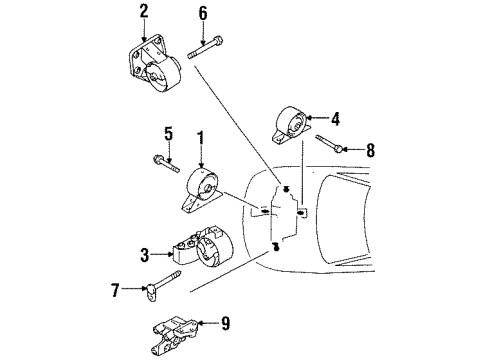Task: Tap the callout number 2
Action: [x=143, y=11]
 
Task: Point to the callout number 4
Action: [x=336, y=118]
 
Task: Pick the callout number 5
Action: [x=168, y=133]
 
